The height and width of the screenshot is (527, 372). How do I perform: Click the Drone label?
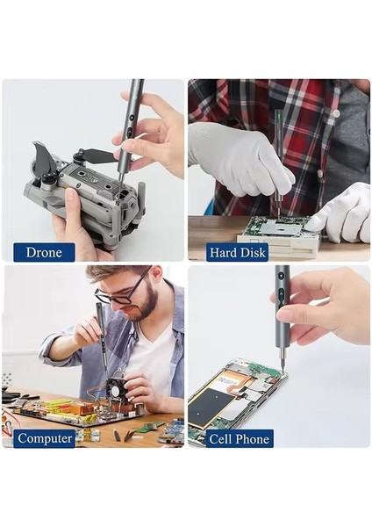44,253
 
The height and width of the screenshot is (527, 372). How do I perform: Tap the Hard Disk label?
238,253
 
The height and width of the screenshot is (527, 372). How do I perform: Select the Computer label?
44,438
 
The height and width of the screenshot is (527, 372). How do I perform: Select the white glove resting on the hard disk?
342,215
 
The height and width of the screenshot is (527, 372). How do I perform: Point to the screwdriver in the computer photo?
101,334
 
